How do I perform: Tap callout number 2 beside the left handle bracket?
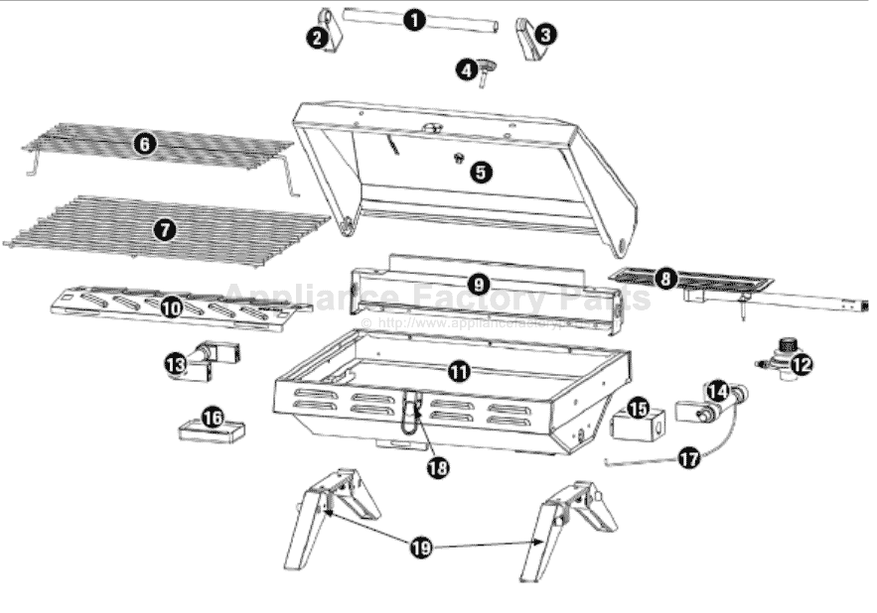317,39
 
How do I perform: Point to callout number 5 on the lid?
481,172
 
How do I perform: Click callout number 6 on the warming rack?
145,144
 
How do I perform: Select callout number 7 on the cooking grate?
164,229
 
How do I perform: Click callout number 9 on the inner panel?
479,284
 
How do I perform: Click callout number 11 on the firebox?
458,372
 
